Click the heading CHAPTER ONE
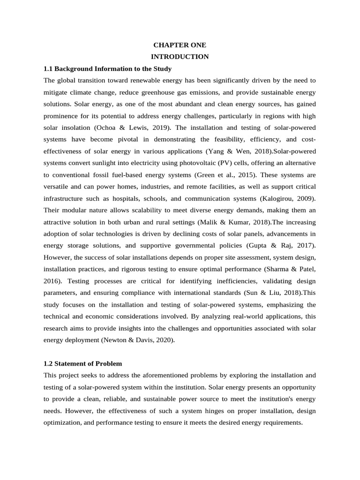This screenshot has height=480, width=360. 180,45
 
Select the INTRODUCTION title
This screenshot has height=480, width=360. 180,57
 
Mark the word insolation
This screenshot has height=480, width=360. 74,127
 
